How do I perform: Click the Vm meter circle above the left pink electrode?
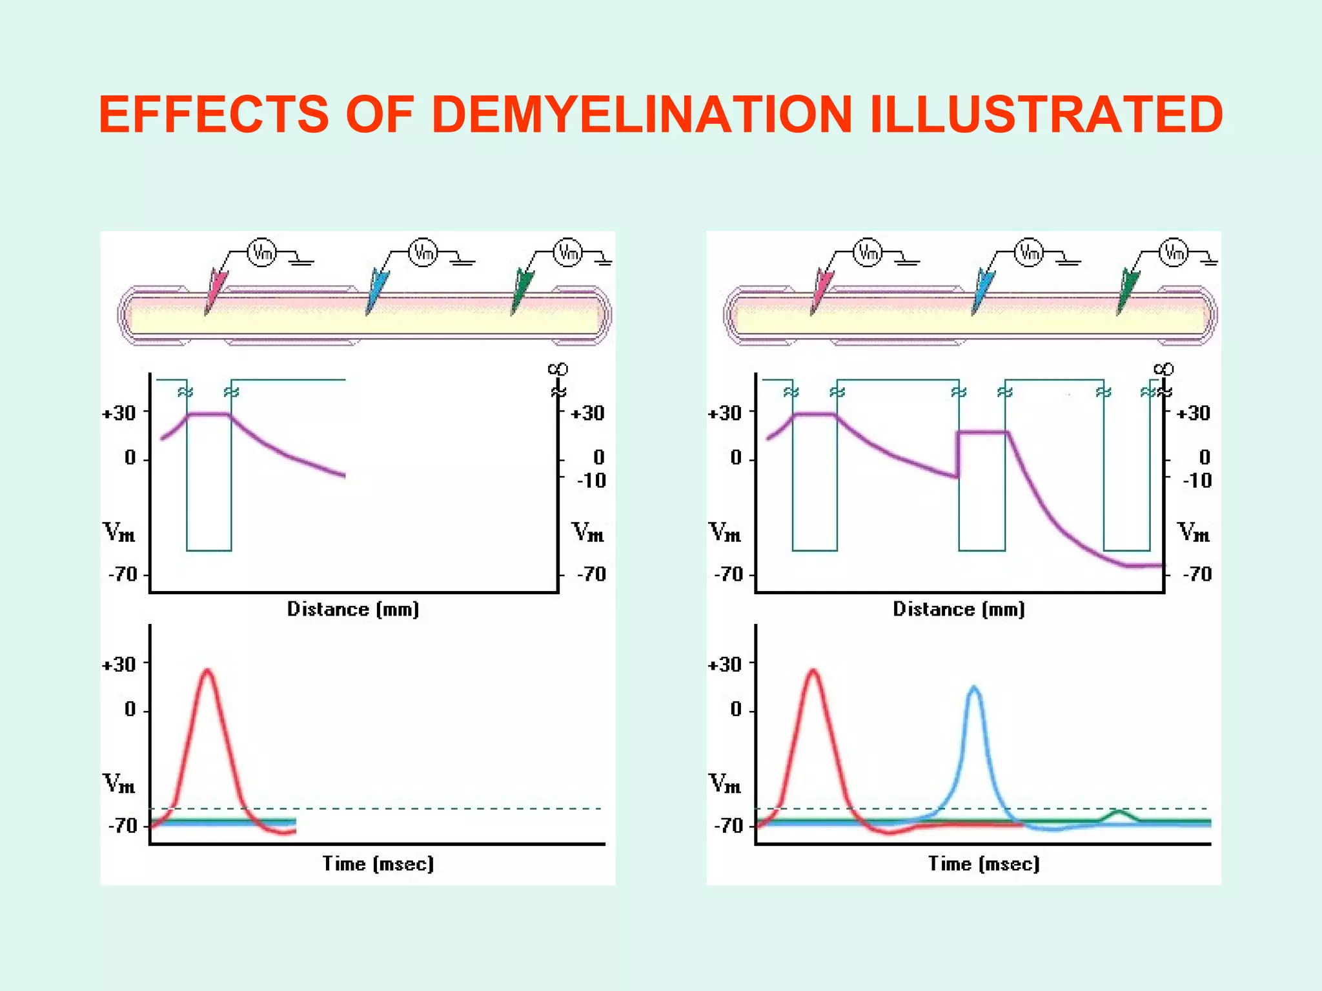[x=262, y=252]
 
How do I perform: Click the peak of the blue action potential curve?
[x=973, y=689]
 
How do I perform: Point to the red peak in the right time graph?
[x=813, y=672]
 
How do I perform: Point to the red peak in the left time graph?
[x=207, y=672]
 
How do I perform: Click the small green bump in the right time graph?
[x=1120, y=812]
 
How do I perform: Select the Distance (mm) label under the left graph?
[x=353, y=609]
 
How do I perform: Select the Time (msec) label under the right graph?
[x=984, y=863]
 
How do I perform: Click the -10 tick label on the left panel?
[x=591, y=481]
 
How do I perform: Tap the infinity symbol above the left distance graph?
[x=558, y=369]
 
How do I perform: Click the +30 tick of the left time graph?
[x=119, y=665]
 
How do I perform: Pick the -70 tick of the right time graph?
[x=729, y=826]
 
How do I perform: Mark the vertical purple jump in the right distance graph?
[x=958, y=455]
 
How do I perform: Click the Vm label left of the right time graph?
[x=725, y=784]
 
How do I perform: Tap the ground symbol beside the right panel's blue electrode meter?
[x=1068, y=261]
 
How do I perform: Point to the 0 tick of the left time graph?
[x=130, y=710]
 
